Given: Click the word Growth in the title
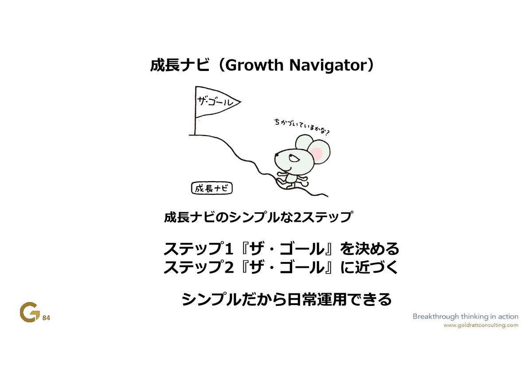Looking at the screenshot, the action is [254, 65].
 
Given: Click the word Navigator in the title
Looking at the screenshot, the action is [329, 66].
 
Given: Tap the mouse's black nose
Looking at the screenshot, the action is [277, 155].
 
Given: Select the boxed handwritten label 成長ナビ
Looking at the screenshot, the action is [211, 188].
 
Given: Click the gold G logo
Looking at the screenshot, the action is [29, 312].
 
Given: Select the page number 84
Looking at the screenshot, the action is [46, 318].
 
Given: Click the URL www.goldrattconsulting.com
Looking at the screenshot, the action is [481, 325].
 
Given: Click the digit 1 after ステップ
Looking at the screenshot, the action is [228, 249].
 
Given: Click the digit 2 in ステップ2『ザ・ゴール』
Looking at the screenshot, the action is [229, 267].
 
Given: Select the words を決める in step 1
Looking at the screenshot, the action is [369, 249].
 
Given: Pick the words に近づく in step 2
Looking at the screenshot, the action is [369, 267].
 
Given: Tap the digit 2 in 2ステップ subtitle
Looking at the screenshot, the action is [297, 217].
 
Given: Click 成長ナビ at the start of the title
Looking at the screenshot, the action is [180, 65].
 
